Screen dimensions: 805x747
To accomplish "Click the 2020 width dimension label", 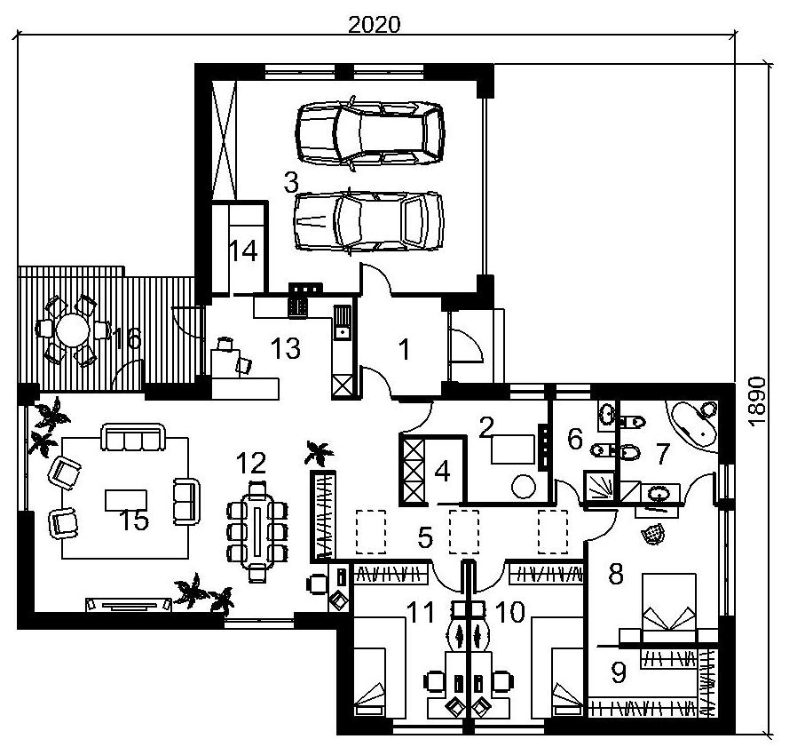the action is (x=374, y=24).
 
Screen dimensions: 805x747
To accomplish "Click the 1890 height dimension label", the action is (x=757, y=401).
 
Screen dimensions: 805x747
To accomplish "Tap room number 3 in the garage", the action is (x=291, y=182).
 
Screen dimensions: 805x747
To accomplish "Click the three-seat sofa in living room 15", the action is (x=133, y=437).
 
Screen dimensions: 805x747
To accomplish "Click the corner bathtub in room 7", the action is (x=692, y=425).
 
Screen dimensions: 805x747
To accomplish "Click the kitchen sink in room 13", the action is (x=342, y=322).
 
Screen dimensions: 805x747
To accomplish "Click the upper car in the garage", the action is (x=369, y=133).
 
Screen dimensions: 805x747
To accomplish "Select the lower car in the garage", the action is (x=368, y=222).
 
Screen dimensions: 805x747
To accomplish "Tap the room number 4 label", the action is (x=442, y=471).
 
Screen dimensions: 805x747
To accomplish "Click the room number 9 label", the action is (x=619, y=672).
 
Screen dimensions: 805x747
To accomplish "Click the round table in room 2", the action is (x=523, y=486).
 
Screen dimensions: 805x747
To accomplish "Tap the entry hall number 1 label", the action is (x=405, y=349).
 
